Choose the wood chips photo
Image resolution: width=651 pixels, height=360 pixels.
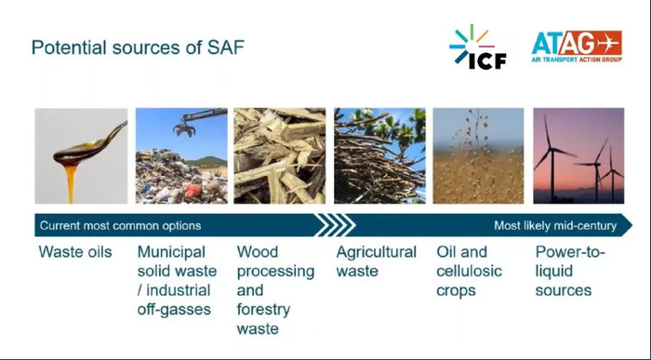coord(280,155)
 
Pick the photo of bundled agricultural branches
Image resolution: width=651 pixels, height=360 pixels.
coord(379,155)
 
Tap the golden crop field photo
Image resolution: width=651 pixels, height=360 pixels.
coord(478,155)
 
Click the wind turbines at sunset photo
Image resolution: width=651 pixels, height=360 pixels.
coord(578,155)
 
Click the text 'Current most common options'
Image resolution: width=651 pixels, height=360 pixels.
coord(119,225)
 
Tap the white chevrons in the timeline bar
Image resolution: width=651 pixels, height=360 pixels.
coord(336,225)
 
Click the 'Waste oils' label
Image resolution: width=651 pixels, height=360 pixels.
coord(75,252)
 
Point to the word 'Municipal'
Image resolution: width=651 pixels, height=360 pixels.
coord(170,252)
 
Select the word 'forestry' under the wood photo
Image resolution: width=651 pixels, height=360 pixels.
coord(263,310)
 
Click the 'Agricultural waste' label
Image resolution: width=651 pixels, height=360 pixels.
coord(376,261)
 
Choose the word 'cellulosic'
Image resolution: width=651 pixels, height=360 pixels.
coord(469,272)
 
